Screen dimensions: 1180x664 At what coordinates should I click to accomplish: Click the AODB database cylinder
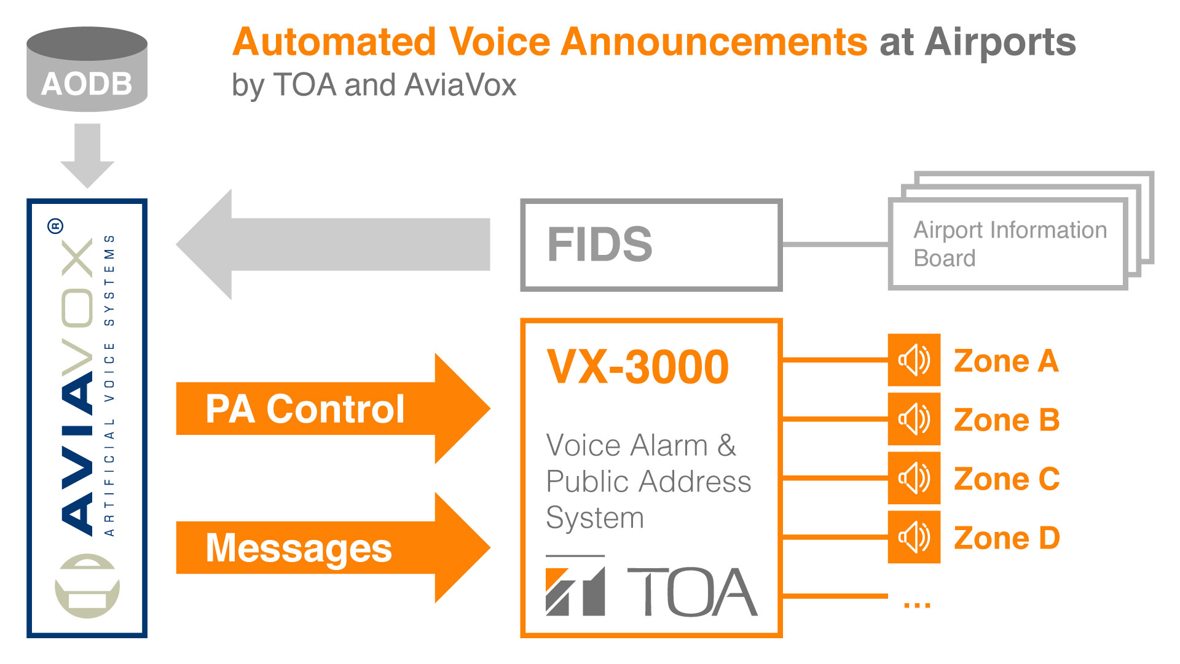pyautogui.click(x=87, y=69)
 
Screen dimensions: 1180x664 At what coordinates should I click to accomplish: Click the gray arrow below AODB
pyautogui.click(x=87, y=155)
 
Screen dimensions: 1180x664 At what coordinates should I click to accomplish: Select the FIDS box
pyautogui.click(x=651, y=244)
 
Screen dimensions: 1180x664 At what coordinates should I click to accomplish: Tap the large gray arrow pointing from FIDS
pyautogui.click(x=333, y=244)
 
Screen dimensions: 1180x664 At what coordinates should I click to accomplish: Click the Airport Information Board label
pyautogui.click(x=1010, y=244)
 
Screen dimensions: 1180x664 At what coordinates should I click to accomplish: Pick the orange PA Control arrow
pyautogui.click(x=333, y=408)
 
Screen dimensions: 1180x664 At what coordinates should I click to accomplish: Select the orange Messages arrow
pyautogui.click(x=333, y=547)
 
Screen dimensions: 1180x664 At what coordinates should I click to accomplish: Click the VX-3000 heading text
pyautogui.click(x=638, y=367)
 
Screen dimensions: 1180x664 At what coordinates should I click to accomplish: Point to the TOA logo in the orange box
pyautogui.click(x=651, y=590)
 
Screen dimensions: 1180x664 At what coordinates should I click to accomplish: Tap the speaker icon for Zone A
pyautogui.click(x=914, y=360)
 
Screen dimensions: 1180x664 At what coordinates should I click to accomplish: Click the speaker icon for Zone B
pyautogui.click(x=914, y=419)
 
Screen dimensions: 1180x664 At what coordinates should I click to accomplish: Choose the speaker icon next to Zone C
pyautogui.click(x=914, y=478)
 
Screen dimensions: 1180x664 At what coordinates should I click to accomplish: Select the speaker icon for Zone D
pyautogui.click(x=914, y=537)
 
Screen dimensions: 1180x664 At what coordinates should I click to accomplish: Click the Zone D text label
pyautogui.click(x=1007, y=538)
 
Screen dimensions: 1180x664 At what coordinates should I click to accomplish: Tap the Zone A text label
pyautogui.click(x=1006, y=361)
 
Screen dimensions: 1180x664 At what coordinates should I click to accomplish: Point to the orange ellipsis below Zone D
pyautogui.click(x=917, y=606)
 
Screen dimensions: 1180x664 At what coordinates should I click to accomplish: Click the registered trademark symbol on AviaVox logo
pyautogui.click(x=55, y=226)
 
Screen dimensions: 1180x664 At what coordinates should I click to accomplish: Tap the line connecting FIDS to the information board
pyautogui.click(x=836, y=244)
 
